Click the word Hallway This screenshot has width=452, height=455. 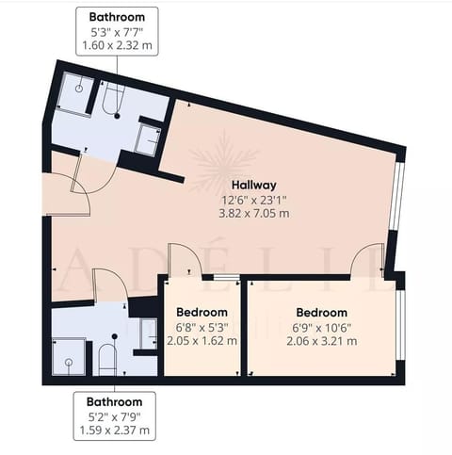[254, 185]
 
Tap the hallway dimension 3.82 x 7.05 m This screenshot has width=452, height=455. [254, 213]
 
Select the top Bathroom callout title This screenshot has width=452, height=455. [116, 17]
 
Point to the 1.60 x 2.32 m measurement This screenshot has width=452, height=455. [116, 44]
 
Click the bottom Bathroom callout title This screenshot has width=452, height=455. [116, 399]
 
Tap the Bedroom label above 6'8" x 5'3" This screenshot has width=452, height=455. [202, 312]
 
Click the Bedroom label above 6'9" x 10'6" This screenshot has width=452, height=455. [321, 312]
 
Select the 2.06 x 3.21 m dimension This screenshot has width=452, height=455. [321, 340]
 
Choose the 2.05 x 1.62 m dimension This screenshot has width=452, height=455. [202, 340]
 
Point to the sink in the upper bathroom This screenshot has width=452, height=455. [148, 138]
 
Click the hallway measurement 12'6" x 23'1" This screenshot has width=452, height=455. [254, 199]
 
